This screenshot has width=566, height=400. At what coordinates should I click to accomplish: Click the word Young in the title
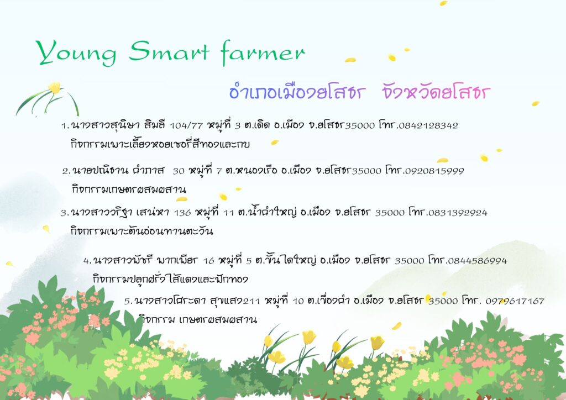[76, 53]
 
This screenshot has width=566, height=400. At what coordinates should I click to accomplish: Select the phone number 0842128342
[428, 125]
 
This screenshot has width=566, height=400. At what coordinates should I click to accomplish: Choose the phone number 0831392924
[457, 213]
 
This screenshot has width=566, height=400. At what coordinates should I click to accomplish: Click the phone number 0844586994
[477, 260]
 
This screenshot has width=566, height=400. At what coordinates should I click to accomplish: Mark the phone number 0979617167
[515, 301]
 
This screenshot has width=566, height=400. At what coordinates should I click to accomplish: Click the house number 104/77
[186, 125]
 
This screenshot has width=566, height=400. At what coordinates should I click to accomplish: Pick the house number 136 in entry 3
[182, 213]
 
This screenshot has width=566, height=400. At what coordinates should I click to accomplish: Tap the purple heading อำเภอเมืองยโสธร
[297, 92]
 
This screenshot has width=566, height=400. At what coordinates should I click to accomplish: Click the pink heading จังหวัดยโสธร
[436, 92]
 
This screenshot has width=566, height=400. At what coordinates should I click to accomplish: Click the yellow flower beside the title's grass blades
[55, 88]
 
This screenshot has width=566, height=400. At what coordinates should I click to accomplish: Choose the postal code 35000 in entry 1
[360, 125]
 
